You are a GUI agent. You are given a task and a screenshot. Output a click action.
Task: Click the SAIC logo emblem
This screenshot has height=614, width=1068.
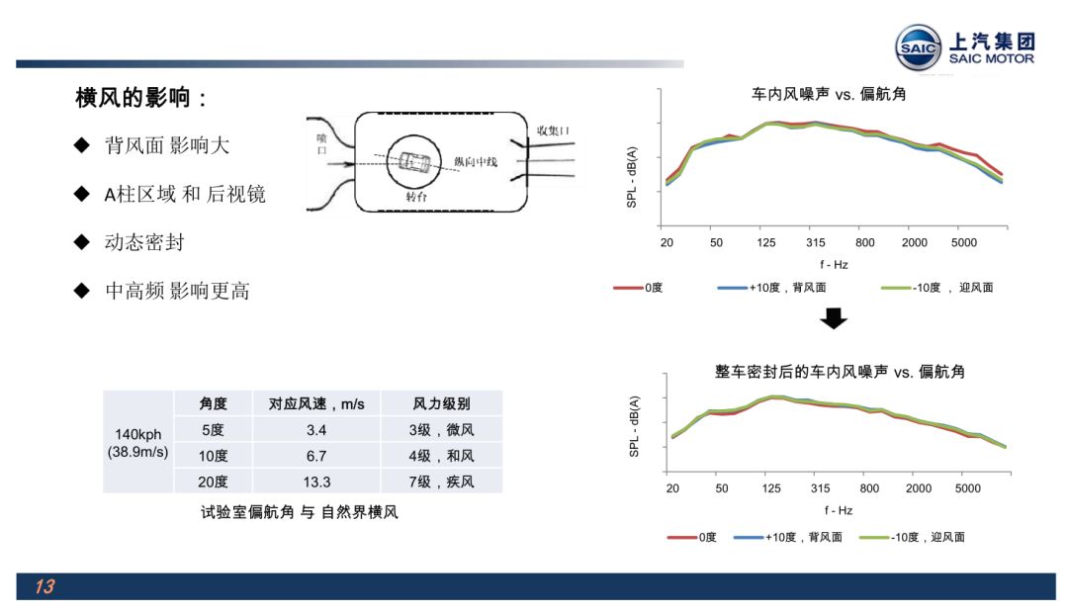918,47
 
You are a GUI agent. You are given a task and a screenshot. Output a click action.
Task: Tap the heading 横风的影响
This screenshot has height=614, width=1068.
133,98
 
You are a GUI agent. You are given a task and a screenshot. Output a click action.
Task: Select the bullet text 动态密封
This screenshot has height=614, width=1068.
144,242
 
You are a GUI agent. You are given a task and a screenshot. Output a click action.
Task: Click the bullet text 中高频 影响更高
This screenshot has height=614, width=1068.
177,291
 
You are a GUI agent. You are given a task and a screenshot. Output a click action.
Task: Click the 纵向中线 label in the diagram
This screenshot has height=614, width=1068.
476,162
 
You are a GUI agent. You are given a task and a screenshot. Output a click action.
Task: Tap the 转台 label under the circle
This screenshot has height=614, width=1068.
416,197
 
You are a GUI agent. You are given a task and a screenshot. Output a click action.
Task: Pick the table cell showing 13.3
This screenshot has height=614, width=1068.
316,482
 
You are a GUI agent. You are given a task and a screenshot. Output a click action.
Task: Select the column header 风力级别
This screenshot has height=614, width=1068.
441,403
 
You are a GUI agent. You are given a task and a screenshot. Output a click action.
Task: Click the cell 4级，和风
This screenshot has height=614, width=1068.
441,456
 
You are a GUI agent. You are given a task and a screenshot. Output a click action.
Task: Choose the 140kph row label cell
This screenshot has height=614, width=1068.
138,443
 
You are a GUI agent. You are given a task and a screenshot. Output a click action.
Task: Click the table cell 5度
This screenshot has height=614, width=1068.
213,430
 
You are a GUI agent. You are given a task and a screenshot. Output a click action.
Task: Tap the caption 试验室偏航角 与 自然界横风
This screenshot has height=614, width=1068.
300,512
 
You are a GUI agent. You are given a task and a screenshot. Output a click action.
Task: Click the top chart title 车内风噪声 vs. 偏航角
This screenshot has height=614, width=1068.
829,94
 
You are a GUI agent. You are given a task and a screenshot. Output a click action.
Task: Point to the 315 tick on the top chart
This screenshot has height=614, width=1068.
815,242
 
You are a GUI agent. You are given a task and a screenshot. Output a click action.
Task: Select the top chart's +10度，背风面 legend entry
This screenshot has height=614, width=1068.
771,288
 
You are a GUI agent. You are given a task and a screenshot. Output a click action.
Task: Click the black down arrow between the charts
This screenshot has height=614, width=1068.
834,318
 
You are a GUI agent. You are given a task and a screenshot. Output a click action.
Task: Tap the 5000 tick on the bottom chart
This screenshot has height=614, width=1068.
968,488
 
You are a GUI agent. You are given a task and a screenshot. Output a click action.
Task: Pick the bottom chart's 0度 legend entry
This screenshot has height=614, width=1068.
692,537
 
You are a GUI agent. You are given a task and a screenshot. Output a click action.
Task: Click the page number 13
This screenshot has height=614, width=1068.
44,586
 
